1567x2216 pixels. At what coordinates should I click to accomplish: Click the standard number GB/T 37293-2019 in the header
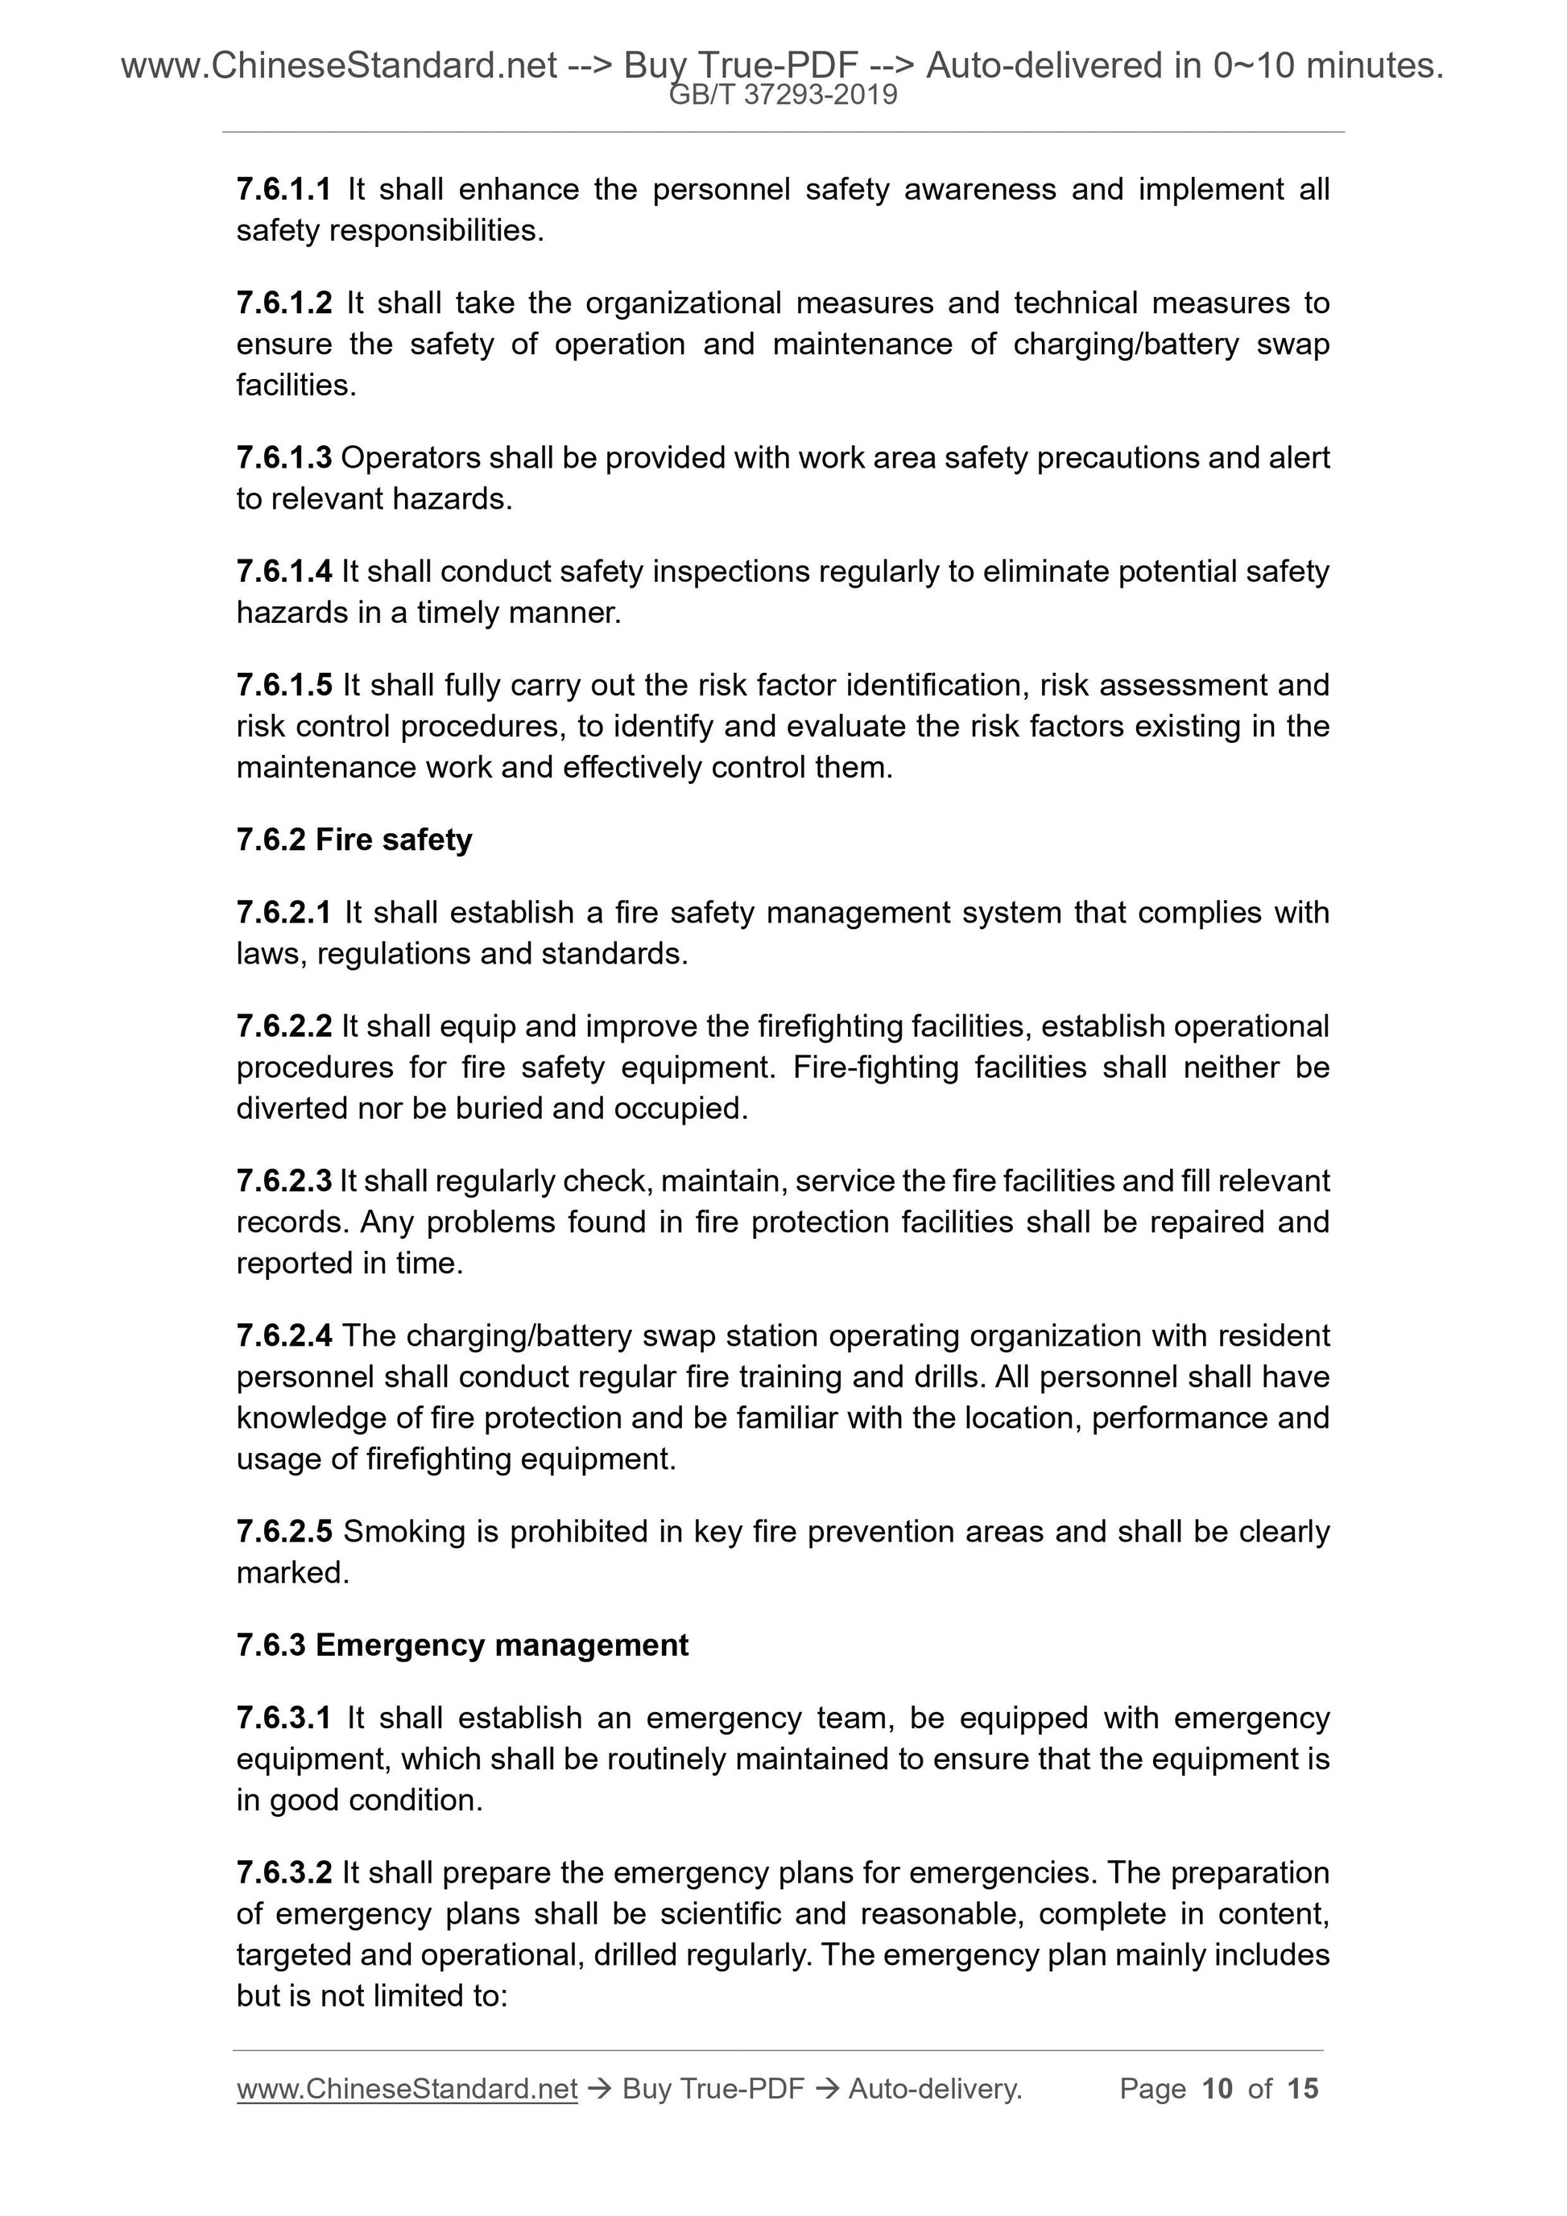click(783, 95)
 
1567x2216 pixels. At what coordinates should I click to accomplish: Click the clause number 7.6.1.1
click(284, 189)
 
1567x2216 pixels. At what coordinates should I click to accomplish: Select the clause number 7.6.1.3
click(284, 457)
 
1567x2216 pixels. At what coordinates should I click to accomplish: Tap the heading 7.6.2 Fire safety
click(354, 840)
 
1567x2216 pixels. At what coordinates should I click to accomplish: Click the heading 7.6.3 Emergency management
click(462, 1644)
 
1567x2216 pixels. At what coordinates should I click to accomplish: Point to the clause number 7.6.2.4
click(284, 1335)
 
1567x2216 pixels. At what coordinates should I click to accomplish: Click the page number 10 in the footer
click(1217, 2089)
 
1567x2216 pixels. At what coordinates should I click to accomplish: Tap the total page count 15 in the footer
click(1302, 2089)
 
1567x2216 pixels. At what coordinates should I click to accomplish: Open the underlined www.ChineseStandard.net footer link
click(407, 2089)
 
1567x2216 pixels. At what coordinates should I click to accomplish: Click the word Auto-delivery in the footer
click(935, 2089)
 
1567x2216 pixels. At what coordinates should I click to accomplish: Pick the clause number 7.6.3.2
click(284, 1872)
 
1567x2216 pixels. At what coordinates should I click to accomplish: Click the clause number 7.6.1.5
click(284, 685)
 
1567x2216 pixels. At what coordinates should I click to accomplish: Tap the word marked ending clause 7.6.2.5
click(291, 1572)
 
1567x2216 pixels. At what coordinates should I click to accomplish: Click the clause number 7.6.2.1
click(284, 912)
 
